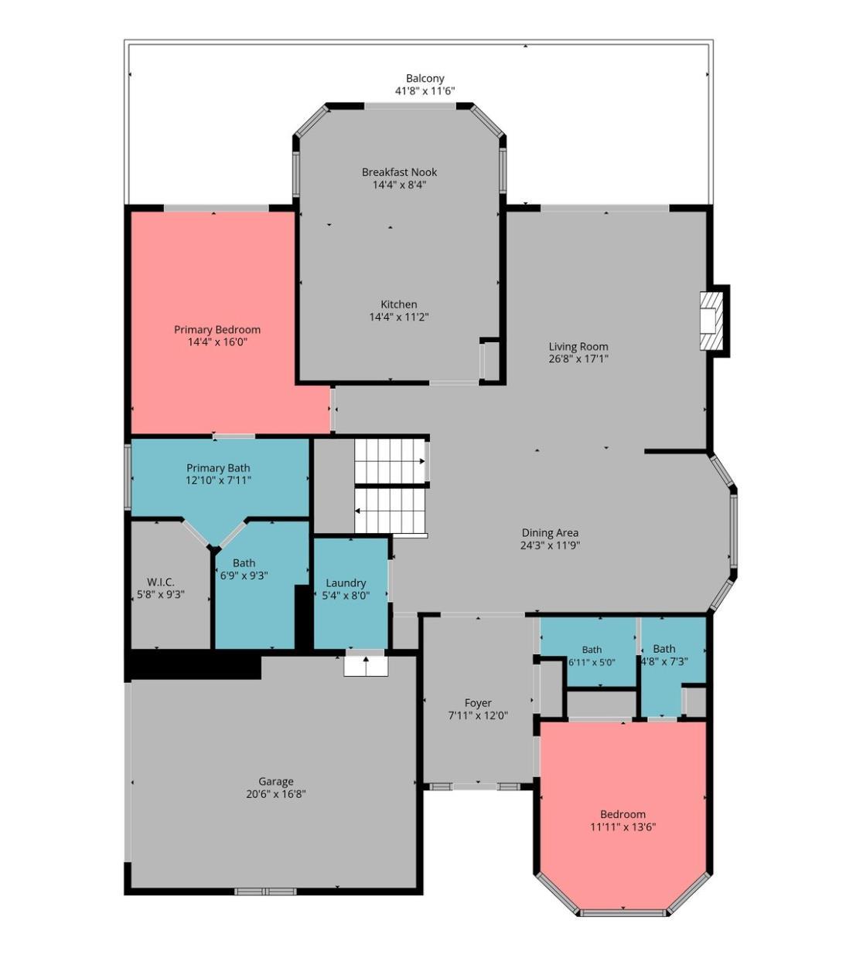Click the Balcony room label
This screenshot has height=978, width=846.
pyautogui.click(x=425, y=78)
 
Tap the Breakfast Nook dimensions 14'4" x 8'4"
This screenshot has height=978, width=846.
pyautogui.click(x=399, y=185)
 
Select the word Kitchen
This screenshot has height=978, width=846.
pyautogui.click(x=399, y=304)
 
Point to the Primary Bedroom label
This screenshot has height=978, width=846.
pyautogui.click(x=217, y=329)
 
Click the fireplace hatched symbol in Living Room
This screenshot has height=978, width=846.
pyautogui.click(x=711, y=321)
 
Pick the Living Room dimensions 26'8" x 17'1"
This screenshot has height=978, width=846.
pyautogui.click(x=578, y=358)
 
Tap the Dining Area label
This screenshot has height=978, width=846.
pyautogui.click(x=550, y=533)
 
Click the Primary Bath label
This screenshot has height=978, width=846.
pyautogui.click(x=218, y=468)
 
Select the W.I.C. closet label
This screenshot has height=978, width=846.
pyautogui.click(x=161, y=582)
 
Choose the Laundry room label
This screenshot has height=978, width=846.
pyautogui.click(x=346, y=583)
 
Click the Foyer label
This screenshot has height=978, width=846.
pyautogui.click(x=478, y=703)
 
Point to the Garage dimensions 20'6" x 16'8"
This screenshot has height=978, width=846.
pyautogui.click(x=275, y=793)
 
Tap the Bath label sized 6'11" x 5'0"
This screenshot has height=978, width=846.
pyautogui.click(x=592, y=650)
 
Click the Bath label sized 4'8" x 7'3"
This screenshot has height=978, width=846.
pyautogui.click(x=664, y=648)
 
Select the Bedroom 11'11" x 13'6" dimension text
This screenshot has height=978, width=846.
pyautogui.click(x=623, y=827)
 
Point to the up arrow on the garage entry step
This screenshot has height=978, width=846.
pyautogui.click(x=366, y=661)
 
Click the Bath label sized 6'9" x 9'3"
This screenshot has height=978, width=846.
pyautogui.click(x=244, y=563)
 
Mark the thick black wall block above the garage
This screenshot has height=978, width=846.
pyautogui.click(x=195, y=664)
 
